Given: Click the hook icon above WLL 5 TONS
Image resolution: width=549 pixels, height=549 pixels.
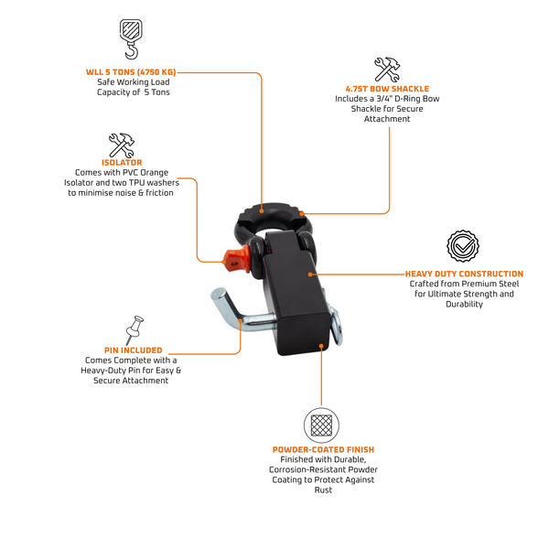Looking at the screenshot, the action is click(x=131, y=39).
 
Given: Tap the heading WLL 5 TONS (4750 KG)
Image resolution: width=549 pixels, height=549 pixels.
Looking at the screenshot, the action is click(x=131, y=72).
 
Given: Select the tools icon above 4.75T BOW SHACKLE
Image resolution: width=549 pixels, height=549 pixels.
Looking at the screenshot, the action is click(x=387, y=70).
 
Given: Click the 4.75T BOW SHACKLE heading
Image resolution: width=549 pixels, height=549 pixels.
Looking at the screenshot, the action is click(x=387, y=89).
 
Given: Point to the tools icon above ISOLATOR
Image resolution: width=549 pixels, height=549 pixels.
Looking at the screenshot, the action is click(x=122, y=145).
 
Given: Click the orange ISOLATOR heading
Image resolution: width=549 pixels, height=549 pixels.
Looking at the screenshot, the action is click(x=122, y=163).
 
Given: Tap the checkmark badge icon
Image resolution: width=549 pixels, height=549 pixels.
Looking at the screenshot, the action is click(x=463, y=246).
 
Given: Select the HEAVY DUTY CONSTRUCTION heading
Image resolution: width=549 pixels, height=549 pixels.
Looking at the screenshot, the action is click(x=464, y=274).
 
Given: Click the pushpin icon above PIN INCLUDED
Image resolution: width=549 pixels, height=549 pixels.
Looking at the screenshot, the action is click(x=135, y=329).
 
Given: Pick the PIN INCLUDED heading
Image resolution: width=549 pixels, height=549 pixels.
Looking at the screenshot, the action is click(x=134, y=350).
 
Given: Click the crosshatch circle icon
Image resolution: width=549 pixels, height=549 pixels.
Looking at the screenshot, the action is click(x=321, y=425).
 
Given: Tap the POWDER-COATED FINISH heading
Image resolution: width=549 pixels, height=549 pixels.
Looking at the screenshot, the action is click(x=324, y=449).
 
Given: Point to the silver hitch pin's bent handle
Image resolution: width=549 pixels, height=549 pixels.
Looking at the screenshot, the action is click(x=227, y=306).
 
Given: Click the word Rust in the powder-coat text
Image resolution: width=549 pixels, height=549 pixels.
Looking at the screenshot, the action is click(x=323, y=490).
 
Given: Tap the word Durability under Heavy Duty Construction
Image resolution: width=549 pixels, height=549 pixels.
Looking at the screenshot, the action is click(x=464, y=304).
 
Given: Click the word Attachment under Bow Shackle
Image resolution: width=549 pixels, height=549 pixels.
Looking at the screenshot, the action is click(x=387, y=119).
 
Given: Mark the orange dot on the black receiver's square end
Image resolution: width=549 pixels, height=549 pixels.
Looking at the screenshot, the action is click(x=321, y=346).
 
